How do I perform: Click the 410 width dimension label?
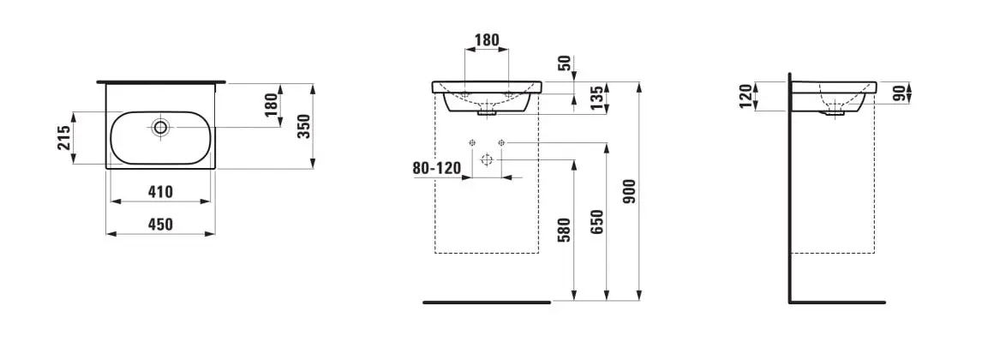point(160,191)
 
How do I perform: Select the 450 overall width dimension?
point(160,224)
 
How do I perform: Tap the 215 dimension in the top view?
point(64,138)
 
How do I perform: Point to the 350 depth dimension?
point(303,127)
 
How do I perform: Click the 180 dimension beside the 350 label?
point(271,105)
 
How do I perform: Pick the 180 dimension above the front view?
point(487,40)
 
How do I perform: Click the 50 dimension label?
point(566,63)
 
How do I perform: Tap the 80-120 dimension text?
point(437,168)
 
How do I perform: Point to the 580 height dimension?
point(565,230)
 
